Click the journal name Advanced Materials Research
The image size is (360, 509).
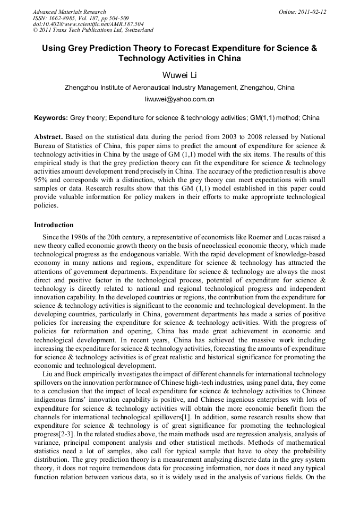pyautogui.click(x=69, y=12)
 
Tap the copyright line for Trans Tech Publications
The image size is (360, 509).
pyautogui.click(x=93, y=30)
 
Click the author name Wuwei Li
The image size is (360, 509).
pyautogui.click(x=179, y=75)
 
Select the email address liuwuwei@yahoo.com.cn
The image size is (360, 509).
pyautogui.click(x=179, y=99)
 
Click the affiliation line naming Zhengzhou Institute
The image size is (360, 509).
pyautogui.click(x=179, y=88)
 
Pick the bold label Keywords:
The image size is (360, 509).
pyautogui.click(x=50, y=118)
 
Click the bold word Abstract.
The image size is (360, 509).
pyautogui.click(x=49, y=137)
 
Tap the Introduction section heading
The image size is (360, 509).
pyautogui.click(x=54, y=225)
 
